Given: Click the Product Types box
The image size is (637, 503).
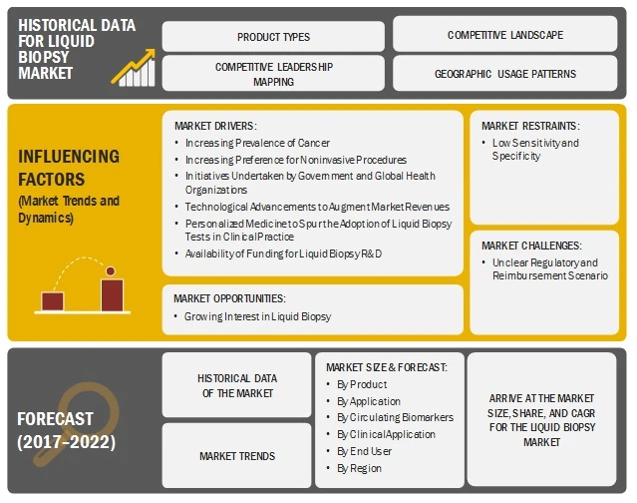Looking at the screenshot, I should tap(272, 36).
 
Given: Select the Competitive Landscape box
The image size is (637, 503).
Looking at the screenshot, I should tap(504, 35).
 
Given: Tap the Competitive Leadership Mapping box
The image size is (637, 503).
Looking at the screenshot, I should tap(272, 74).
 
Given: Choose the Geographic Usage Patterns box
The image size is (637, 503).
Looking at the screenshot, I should tap(504, 74).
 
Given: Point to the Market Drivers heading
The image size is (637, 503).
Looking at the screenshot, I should tap(214, 126).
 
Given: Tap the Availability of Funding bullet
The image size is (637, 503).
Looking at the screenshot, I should tap(282, 253).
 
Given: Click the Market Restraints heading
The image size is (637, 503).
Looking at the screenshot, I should tap(529, 126).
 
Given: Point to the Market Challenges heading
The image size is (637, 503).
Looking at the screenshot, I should tap(529, 246).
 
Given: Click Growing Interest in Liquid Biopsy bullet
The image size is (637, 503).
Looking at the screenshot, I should tap(258, 315).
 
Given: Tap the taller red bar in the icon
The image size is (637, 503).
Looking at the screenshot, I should tap(112, 294).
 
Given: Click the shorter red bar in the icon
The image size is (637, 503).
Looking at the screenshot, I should tap(53, 300).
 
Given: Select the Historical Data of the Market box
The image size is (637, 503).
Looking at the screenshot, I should tap(237, 385).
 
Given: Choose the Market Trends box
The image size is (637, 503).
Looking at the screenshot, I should tap(237, 456).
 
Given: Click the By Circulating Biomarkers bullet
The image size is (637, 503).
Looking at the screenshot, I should tap(387, 417).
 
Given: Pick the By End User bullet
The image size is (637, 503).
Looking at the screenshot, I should tap(362, 451).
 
